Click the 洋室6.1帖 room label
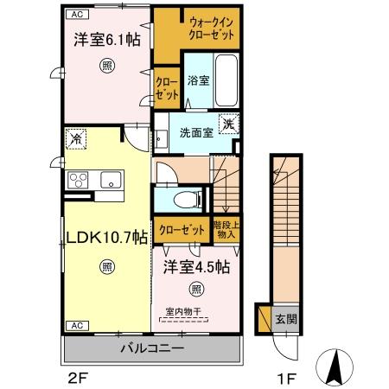pyautogui.click(x=105, y=39)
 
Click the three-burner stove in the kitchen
pyautogui.click(x=78, y=181)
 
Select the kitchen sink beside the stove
pyautogui.click(x=111, y=181)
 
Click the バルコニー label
pyautogui.click(x=151, y=350)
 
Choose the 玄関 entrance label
pyautogui.click(x=286, y=318)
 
